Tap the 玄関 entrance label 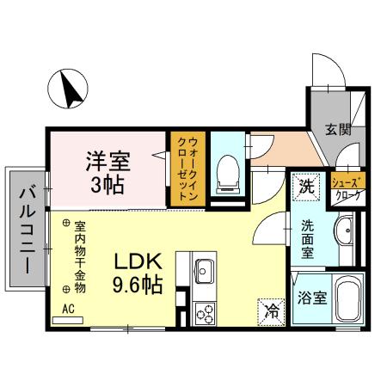(337, 130)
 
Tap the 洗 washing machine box (305, 184)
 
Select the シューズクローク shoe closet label (348, 187)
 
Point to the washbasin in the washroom (342, 231)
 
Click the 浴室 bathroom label (311, 299)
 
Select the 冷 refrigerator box (270, 307)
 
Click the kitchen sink (204, 270)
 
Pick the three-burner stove (205, 312)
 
